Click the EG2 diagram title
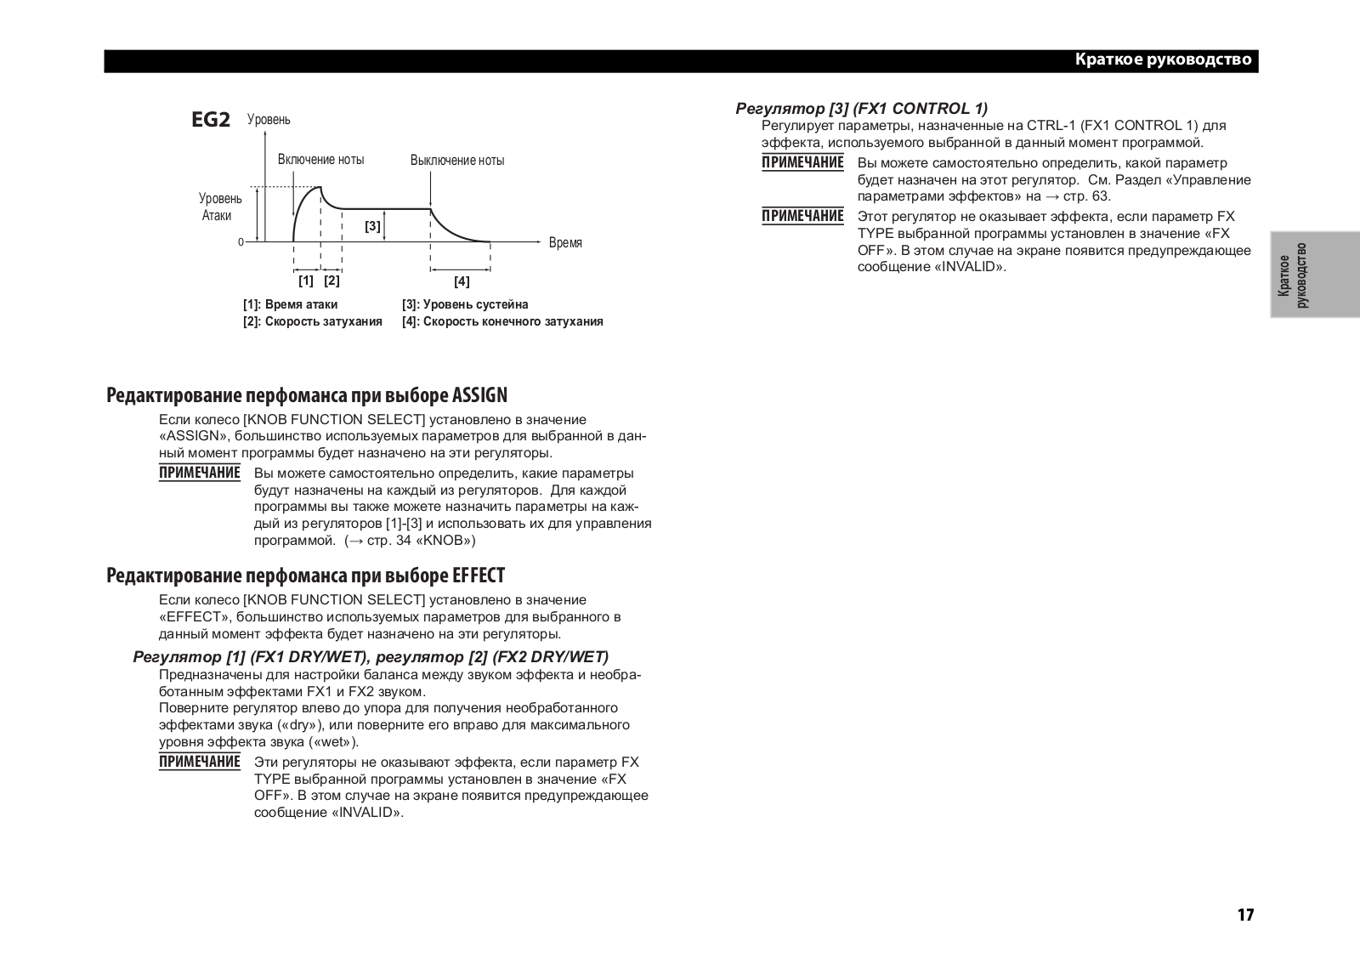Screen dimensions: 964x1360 (211, 120)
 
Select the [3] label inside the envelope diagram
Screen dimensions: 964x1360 (372, 226)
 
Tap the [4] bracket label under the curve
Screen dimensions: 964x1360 (461, 281)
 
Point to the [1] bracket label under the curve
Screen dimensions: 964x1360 (306, 280)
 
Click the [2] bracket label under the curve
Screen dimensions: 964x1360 (331, 280)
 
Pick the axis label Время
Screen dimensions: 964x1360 (565, 243)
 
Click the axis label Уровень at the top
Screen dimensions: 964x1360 (269, 120)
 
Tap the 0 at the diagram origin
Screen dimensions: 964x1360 (241, 242)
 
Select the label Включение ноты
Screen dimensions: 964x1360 (320, 160)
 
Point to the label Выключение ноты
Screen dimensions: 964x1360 (456, 161)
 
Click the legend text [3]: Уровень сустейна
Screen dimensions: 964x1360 (465, 304)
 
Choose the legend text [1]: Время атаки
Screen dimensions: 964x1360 (290, 304)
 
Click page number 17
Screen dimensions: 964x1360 (1245, 915)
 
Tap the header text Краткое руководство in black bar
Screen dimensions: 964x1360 (1163, 60)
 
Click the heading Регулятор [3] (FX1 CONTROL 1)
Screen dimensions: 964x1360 (861, 108)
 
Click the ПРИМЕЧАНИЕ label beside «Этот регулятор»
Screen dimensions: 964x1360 (802, 216)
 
